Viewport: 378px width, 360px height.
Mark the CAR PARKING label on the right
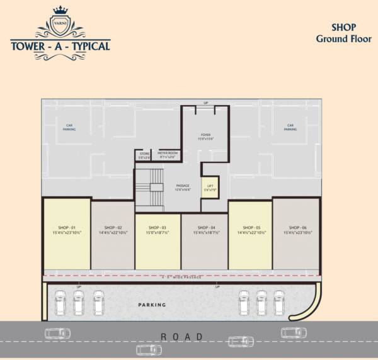[x=290, y=127]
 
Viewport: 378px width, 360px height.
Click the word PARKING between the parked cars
[x=152, y=305]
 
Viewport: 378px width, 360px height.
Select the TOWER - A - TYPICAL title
[x=60, y=46]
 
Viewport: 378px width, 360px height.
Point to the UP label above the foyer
[x=205, y=102]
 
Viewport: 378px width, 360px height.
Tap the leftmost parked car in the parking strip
[x=59, y=303]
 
